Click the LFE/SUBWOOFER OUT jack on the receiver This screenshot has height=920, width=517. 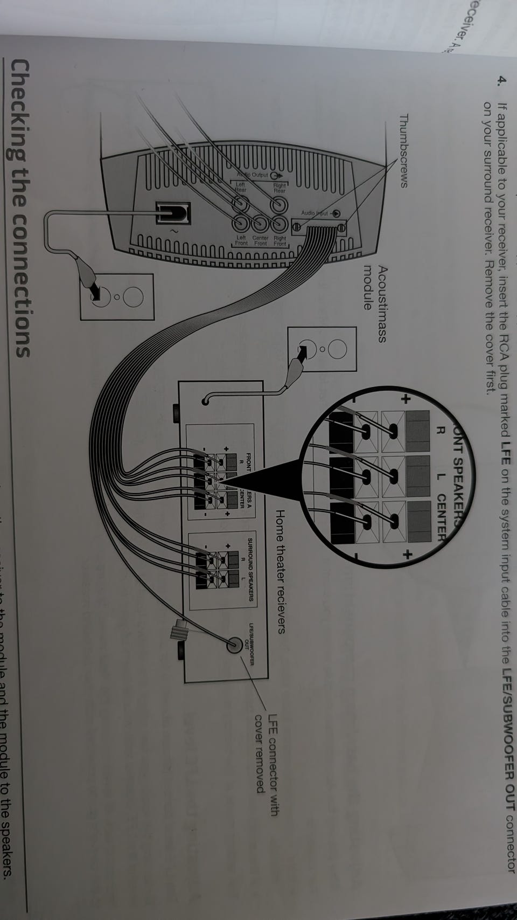235,644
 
